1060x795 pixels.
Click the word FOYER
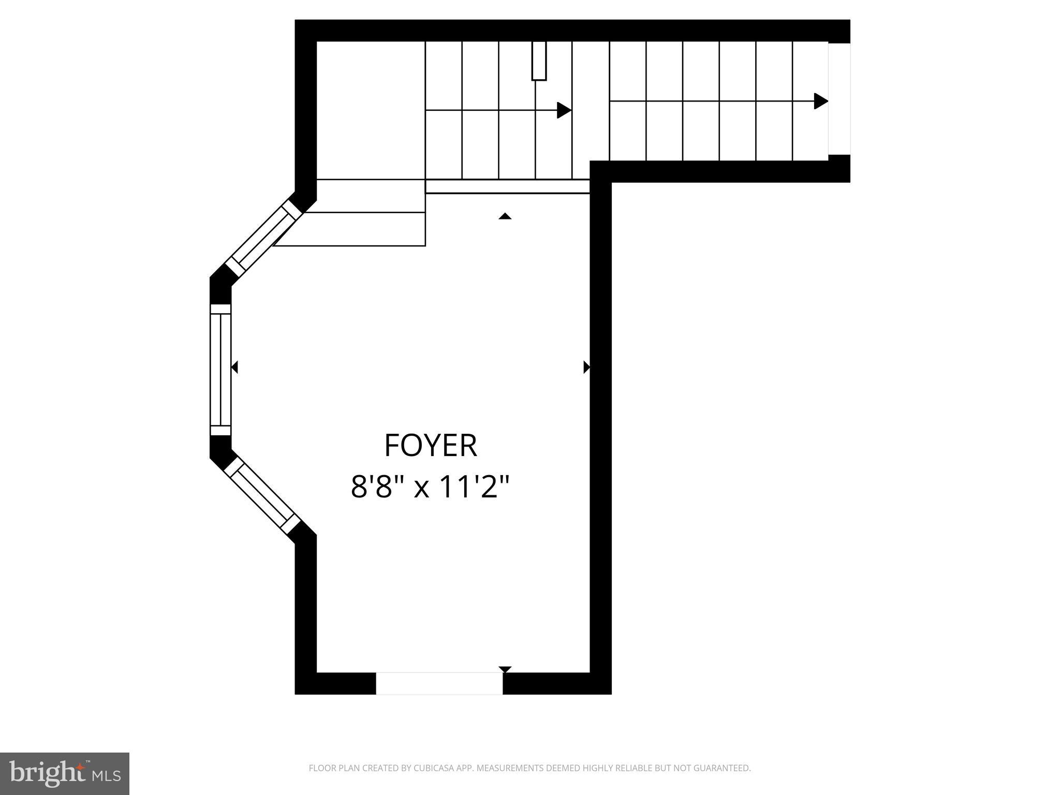tap(430, 446)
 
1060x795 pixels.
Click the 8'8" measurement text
tap(376, 487)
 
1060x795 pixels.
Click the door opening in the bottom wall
tap(439, 683)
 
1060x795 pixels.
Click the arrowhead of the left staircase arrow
tap(564, 110)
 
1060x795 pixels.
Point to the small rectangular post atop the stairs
tap(539, 61)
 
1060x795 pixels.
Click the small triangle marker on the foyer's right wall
tap(586, 367)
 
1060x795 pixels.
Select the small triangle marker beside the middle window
tap(234, 367)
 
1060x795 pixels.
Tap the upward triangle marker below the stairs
tap(505, 216)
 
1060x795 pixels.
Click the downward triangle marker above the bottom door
tap(505, 669)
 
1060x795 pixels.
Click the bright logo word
tap(48, 773)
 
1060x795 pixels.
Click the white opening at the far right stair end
tap(839, 99)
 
